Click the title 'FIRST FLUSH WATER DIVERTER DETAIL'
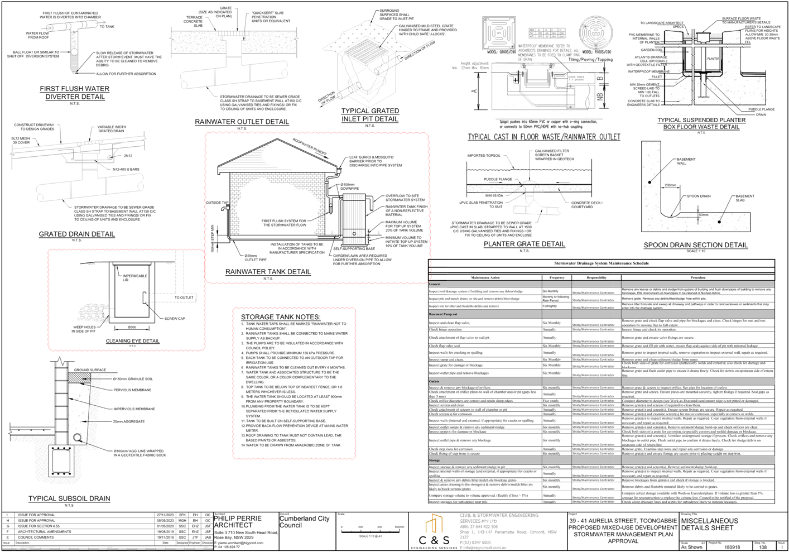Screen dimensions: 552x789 (74, 93)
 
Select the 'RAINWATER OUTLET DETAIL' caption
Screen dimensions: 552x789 (242, 122)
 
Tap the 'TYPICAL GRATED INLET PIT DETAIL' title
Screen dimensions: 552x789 (370, 115)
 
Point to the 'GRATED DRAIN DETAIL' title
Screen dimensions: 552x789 (76, 234)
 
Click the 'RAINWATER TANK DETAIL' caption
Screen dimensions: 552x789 (268, 272)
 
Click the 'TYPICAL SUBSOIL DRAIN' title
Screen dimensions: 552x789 (69, 498)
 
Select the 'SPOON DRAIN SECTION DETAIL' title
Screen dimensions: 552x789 (695, 245)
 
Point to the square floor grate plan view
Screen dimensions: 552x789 (499, 35)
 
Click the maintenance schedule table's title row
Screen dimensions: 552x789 (602, 263)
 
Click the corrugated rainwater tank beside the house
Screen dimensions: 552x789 (357, 218)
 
